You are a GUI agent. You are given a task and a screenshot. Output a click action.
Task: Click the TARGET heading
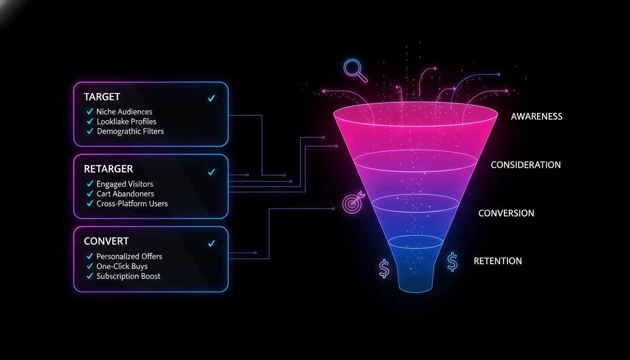102,97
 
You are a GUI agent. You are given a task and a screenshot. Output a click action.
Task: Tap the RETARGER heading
108,169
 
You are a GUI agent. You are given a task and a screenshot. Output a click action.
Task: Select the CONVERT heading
106,241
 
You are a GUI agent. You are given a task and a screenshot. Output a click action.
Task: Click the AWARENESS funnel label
536,116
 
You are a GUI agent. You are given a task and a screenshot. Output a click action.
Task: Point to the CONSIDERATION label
525,165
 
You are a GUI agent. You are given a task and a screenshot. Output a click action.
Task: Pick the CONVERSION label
506,213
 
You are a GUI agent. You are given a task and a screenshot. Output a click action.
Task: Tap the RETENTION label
497,261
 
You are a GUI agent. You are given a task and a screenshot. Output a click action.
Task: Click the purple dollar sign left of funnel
384,269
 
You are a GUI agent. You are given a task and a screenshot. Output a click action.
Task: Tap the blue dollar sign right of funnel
452,262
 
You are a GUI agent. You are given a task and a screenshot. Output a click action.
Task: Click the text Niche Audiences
124,112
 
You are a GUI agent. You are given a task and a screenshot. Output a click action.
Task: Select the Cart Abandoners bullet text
125,194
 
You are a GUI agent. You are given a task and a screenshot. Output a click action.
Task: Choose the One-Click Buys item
122,266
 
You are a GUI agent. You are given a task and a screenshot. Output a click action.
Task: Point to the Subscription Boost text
128,276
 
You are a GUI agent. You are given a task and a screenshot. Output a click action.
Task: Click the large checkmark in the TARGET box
211,98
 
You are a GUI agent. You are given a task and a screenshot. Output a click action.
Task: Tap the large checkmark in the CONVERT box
211,243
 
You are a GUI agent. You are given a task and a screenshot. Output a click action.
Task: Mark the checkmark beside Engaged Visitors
90,184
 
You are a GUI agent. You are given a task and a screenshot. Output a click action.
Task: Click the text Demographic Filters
130,131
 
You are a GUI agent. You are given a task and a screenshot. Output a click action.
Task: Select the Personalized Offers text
129,256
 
